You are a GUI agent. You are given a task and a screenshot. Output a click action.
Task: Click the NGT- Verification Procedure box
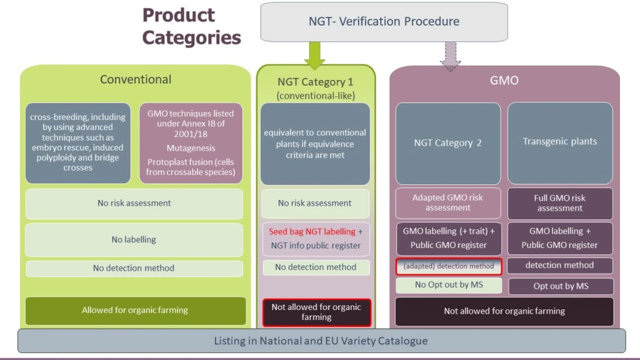[x=384, y=21]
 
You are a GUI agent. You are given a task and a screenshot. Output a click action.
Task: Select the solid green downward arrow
[x=315, y=55]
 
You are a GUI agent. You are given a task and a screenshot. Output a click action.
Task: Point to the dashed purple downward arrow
[x=450, y=56]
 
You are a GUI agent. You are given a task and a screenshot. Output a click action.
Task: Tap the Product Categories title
[x=191, y=26]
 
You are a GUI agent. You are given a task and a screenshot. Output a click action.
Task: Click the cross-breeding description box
[x=78, y=142]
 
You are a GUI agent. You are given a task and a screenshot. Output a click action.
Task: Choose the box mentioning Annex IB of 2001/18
[x=191, y=142]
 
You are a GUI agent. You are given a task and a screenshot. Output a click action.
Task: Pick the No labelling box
[x=134, y=239]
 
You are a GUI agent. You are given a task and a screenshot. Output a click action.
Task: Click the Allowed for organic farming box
[x=135, y=310]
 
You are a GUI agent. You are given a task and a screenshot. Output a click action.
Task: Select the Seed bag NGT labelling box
[x=316, y=238]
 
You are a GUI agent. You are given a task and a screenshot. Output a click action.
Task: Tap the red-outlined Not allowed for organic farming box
[x=316, y=312]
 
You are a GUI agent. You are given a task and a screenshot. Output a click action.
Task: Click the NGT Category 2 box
[x=447, y=142]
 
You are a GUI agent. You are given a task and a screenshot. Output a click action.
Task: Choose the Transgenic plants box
[x=559, y=142]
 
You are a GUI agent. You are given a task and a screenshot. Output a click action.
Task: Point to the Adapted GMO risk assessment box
[x=447, y=202]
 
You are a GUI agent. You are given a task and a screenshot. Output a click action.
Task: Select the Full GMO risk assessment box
[x=559, y=203]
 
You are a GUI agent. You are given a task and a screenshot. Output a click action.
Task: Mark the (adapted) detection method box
[x=448, y=266]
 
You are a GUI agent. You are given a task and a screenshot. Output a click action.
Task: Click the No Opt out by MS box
[x=448, y=285]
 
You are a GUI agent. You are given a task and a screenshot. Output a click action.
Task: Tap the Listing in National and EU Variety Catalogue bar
[x=321, y=341]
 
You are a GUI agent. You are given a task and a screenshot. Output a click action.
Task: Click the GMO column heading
[x=504, y=81]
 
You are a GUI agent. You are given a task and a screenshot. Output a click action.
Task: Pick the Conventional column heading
[x=135, y=79]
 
